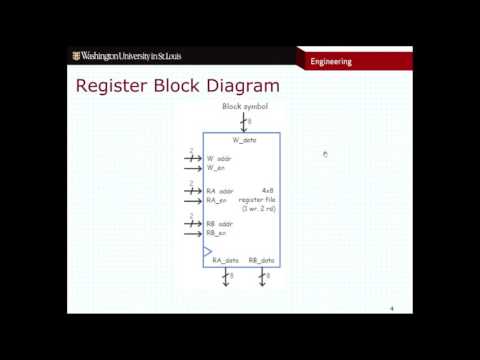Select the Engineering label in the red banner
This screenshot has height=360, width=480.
pyautogui.click(x=331, y=60)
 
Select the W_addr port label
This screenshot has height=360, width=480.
pyautogui.click(x=220, y=158)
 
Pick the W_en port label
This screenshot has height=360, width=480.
pyautogui.click(x=217, y=167)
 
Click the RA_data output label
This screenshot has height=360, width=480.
pyautogui.click(x=225, y=260)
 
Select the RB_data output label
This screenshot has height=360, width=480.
pyautogui.click(x=261, y=260)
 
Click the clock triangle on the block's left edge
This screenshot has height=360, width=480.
pyautogui.click(x=208, y=250)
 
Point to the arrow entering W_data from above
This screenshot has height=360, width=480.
pyautogui.click(x=243, y=122)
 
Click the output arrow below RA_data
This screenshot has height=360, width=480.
pyautogui.click(x=226, y=277)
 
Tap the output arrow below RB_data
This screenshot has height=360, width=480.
pyautogui.click(x=261, y=277)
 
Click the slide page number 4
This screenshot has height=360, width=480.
pyautogui.click(x=392, y=309)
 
